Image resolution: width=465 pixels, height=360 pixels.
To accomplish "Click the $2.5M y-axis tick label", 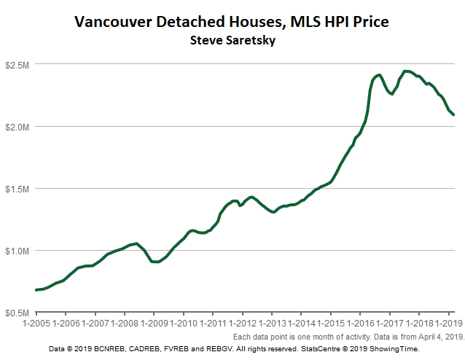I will tap(17, 66).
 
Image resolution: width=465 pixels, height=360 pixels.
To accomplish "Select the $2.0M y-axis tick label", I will tap(17, 127).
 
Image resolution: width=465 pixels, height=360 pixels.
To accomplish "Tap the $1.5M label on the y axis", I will tap(17, 189).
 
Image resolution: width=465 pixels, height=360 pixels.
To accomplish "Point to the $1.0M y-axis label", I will tap(17, 251).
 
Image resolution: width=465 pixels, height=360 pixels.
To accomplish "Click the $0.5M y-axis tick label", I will tap(17, 313).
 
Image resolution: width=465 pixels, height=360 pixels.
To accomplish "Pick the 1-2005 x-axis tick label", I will tap(36, 322).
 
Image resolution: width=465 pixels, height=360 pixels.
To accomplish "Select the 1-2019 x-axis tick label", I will tap(445, 322).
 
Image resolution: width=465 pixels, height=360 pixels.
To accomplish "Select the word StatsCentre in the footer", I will tap(326, 349).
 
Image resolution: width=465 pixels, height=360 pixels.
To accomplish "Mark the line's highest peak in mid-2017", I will tap(405, 71).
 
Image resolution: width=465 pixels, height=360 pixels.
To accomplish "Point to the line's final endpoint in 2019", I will tap(453, 114).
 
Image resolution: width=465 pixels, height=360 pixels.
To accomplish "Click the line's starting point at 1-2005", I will tap(36, 290).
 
